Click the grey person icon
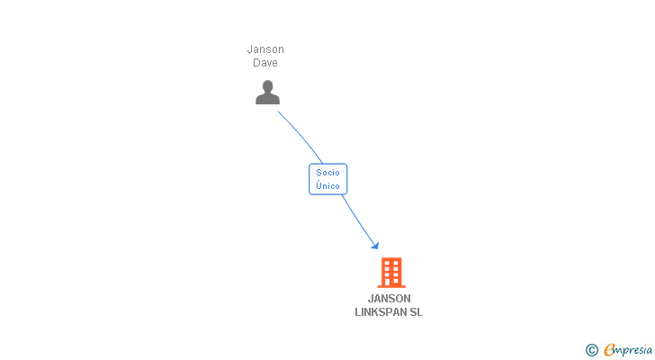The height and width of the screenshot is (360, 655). pyautogui.click(x=267, y=92)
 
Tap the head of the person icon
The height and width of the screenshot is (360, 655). pyautogui.click(x=267, y=85)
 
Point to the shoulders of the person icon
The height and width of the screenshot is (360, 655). pyautogui.click(x=267, y=99)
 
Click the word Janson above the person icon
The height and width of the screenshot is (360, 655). pyautogui.click(x=265, y=49)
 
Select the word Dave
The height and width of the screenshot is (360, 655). pyautogui.click(x=265, y=63)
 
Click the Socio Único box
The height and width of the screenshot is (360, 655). pyautogui.click(x=327, y=179)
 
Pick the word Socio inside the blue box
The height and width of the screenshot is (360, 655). pyautogui.click(x=327, y=172)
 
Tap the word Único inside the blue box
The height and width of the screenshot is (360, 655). pyautogui.click(x=327, y=185)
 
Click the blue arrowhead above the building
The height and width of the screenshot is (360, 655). pyautogui.click(x=374, y=245)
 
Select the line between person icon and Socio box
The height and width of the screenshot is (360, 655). pyautogui.click(x=301, y=135)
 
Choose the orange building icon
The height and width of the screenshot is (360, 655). pyautogui.click(x=390, y=272)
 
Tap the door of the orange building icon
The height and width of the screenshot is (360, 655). pyautogui.click(x=390, y=282)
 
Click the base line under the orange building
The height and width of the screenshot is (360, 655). pyautogui.click(x=390, y=286)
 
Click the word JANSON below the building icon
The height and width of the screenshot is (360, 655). pyautogui.click(x=389, y=299)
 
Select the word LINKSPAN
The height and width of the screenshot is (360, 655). pyautogui.click(x=381, y=312)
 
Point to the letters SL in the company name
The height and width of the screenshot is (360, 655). pyautogui.click(x=416, y=312)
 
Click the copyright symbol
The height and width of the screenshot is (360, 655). pyautogui.click(x=591, y=350)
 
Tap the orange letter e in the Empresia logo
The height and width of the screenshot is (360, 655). pyautogui.click(x=609, y=350)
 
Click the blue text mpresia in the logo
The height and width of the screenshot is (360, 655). pyautogui.click(x=633, y=350)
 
